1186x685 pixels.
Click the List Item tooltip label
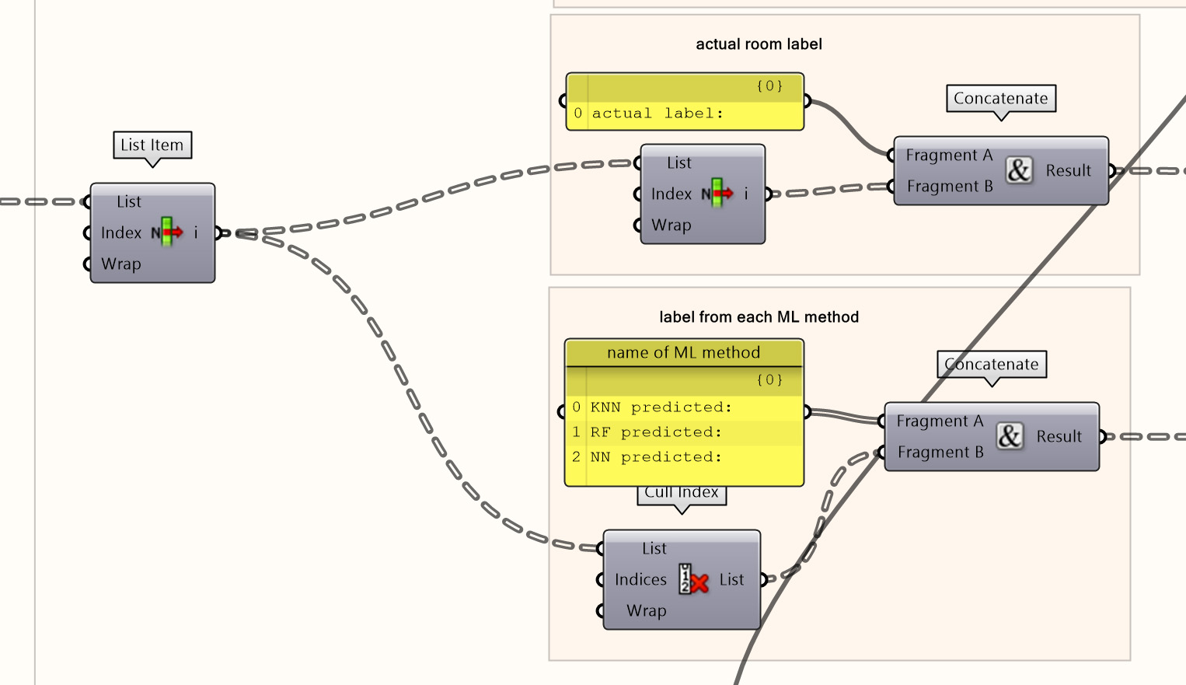tap(152, 145)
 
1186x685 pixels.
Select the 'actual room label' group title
tap(759, 44)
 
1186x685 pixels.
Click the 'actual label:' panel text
tap(658, 114)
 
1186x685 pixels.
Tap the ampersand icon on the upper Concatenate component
tap(1019, 170)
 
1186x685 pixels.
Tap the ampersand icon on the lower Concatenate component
tap(1010, 436)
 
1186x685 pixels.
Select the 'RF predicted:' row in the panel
tap(656, 432)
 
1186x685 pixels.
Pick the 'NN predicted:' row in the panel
tap(656, 457)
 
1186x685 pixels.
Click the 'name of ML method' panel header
tap(683, 353)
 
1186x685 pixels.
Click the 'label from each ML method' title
tap(759, 317)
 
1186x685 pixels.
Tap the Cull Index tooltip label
tap(682, 493)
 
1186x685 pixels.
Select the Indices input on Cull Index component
tap(640, 580)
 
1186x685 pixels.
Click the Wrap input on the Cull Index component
tap(646, 611)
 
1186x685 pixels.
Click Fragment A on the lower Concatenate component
tap(940, 421)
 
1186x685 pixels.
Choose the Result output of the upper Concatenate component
tap(1068, 171)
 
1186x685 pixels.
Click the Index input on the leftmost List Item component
tap(121, 233)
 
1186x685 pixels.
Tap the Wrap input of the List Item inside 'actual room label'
tap(671, 225)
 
